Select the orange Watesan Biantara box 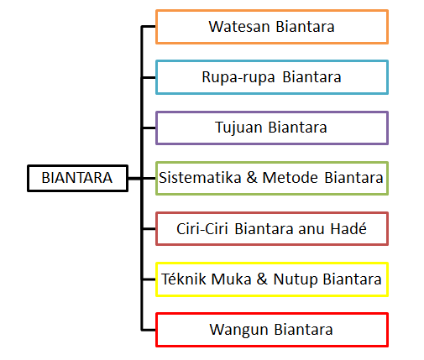[271, 27]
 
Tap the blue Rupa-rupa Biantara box [271, 77]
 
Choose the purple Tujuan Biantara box [271, 128]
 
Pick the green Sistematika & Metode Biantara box [271, 178]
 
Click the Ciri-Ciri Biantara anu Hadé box [271, 228]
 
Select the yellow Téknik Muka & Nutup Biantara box [271, 279]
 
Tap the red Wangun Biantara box [271, 329]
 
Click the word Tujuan [240, 128]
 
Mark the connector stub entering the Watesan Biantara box [149, 27]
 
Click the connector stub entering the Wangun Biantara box [149, 329]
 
